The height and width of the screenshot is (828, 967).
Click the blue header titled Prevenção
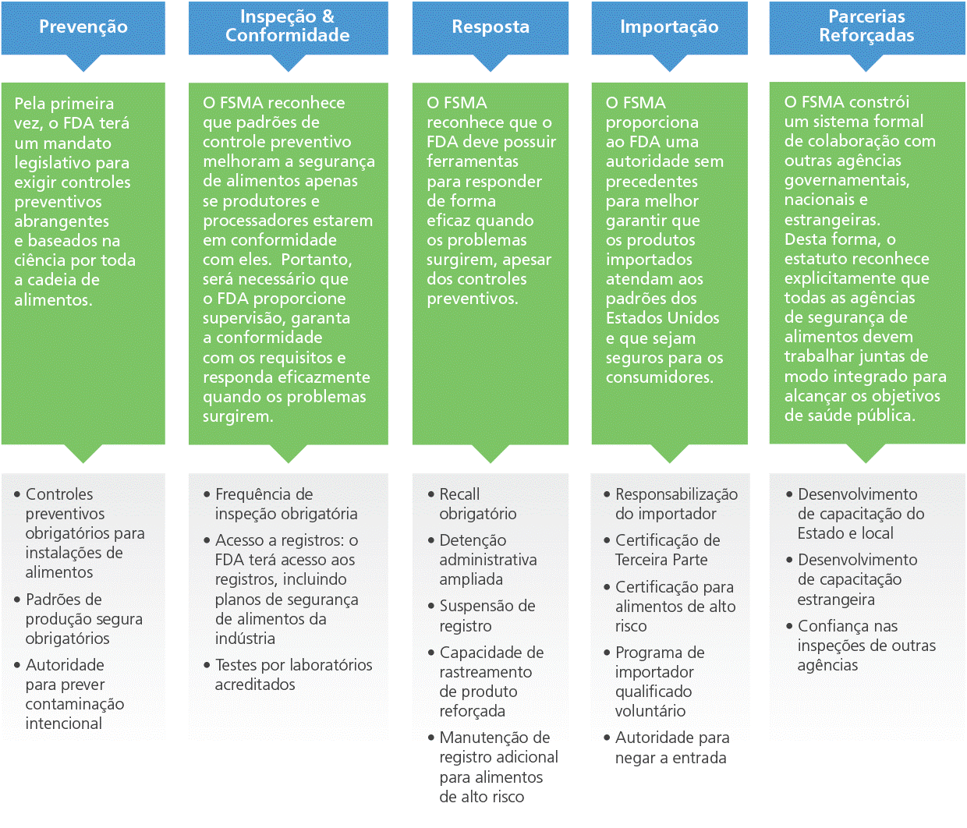pyautogui.click(x=83, y=27)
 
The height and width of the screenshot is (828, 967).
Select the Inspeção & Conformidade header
pyautogui.click(x=288, y=27)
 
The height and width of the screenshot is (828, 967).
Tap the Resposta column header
pyautogui.click(x=490, y=27)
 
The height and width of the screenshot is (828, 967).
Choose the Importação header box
pyautogui.click(x=669, y=27)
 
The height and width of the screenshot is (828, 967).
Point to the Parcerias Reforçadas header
pyautogui.click(x=866, y=27)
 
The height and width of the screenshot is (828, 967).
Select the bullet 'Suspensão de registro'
pyautogui.click(x=487, y=616)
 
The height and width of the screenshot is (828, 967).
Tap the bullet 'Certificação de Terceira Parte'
pyautogui.click(x=667, y=550)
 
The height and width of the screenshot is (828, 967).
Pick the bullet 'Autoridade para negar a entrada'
pyautogui.click(x=671, y=748)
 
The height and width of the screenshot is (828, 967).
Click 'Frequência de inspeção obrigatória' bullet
pyautogui.click(x=285, y=504)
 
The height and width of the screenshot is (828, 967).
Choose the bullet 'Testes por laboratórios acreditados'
pyautogui.click(x=293, y=674)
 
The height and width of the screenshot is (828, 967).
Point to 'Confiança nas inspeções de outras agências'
pyautogui.click(x=866, y=646)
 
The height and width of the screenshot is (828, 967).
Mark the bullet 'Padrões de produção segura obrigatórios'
pyautogui.click(x=83, y=619)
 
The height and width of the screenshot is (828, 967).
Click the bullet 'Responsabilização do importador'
pyautogui.click(x=675, y=504)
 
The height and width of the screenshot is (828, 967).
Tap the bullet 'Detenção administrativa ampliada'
pyautogui.click(x=487, y=560)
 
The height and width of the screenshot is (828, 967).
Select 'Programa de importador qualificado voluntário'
pyautogui.click(x=659, y=681)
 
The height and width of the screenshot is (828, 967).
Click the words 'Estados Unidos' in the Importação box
pyautogui.click(x=662, y=318)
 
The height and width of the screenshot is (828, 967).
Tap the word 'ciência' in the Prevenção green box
pyautogui.click(x=42, y=260)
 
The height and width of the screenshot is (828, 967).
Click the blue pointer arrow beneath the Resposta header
pyautogui.click(x=490, y=62)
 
